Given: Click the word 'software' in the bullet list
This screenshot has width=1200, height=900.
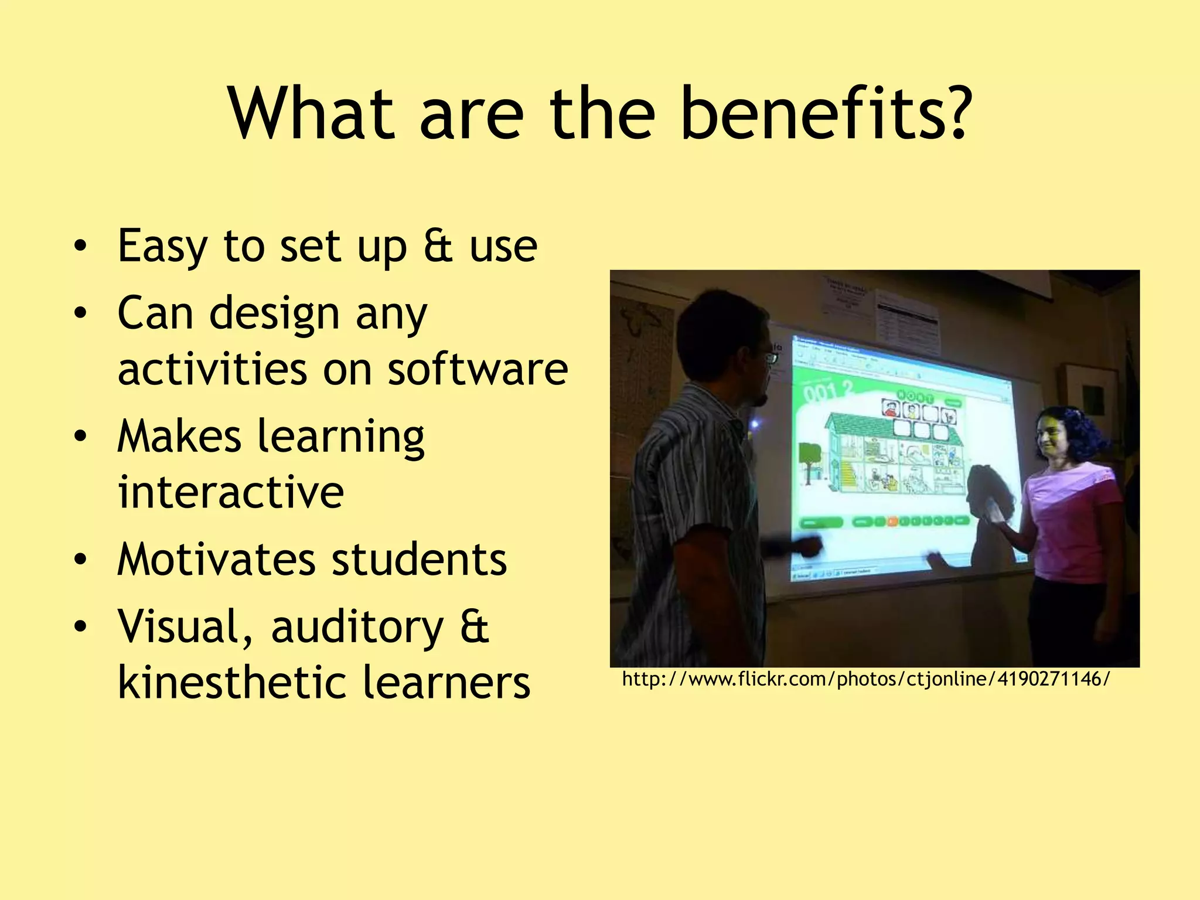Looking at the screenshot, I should [x=478, y=369].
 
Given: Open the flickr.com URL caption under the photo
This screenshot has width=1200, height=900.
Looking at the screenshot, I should [x=865, y=679].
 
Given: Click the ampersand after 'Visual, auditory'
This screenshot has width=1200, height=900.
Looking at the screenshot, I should [x=474, y=626].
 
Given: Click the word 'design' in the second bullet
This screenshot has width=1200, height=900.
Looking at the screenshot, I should [x=274, y=313].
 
